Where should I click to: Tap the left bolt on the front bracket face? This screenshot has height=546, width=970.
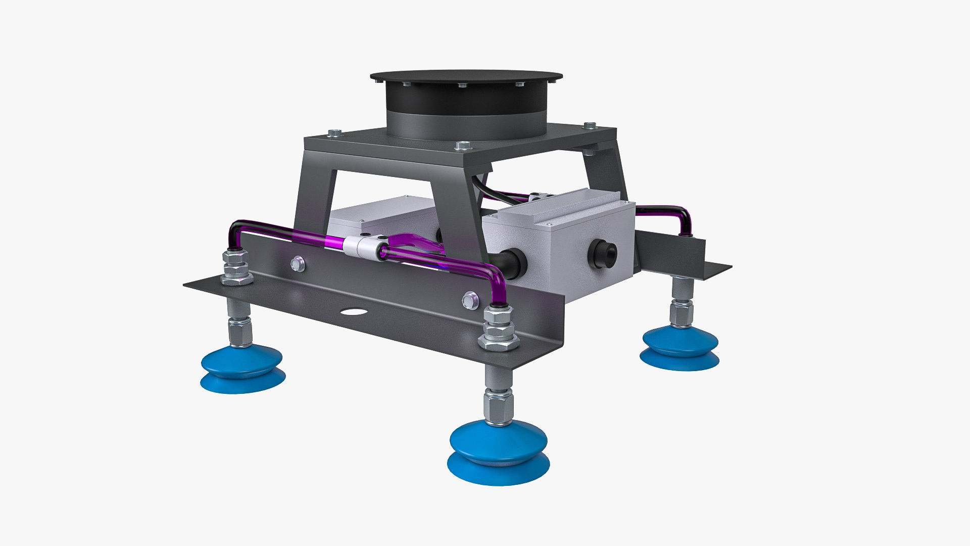coord(298,263)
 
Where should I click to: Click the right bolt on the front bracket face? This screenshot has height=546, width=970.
coord(470,300)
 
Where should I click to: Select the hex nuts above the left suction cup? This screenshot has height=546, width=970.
coord(236,269)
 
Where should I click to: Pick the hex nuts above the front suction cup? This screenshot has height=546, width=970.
coord(499,329)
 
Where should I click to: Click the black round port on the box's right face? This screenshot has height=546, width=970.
coord(605,254)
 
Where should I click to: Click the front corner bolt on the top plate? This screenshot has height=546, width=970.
coord(462,146)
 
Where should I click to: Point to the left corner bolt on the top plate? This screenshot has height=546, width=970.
coord(333,133)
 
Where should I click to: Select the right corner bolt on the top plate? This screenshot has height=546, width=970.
coord(590,125)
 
